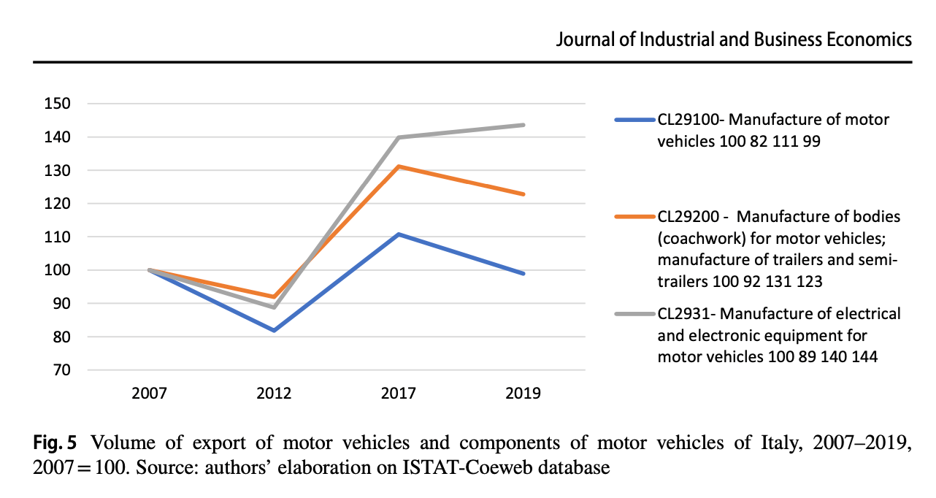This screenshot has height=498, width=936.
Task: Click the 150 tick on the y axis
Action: [x=57, y=104]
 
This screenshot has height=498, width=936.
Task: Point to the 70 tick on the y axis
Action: [x=61, y=370]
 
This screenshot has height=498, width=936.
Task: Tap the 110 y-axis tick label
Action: [x=57, y=237]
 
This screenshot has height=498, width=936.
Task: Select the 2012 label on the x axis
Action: [x=274, y=393]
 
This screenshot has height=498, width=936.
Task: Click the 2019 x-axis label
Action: [x=523, y=393]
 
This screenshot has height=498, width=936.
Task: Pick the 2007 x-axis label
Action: [x=149, y=393]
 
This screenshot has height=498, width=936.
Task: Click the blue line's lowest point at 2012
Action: [x=274, y=331]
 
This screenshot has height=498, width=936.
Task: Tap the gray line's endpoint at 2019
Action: [x=523, y=125]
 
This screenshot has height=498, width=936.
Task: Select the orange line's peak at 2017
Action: [x=399, y=166]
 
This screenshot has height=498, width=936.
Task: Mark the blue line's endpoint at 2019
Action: [x=523, y=274]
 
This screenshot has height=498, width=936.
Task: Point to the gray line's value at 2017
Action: [x=399, y=137]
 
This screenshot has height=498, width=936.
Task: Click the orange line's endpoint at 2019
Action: [x=523, y=194]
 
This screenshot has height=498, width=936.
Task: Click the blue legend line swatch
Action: [x=634, y=120]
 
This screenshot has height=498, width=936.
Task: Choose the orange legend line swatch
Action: [x=634, y=216]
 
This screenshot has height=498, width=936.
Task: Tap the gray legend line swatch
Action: [x=634, y=314]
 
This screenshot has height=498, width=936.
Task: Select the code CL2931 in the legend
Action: [x=683, y=314]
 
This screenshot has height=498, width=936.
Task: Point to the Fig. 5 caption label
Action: [x=55, y=443]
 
